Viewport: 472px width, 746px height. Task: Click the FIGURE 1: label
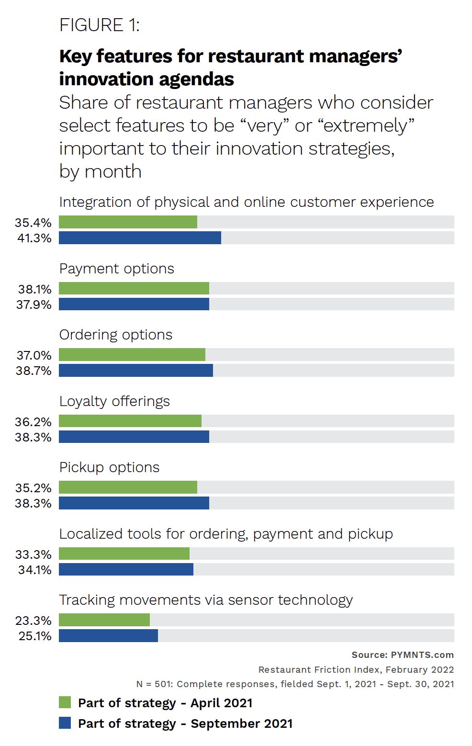click(x=99, y=25)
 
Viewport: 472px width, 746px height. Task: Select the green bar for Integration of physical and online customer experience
click(x=128, y=222)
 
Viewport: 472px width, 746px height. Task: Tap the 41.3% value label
click(x=34, y=238)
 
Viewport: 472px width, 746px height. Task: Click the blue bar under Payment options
click(x=134, y=304)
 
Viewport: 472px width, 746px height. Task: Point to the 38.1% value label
click(x=34, y=289)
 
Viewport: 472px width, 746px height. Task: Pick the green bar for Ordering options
click(x=132, y=354)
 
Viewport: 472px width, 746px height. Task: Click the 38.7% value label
click(x=34, y=371)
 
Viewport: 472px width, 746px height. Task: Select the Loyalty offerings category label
click(x=114, y=401)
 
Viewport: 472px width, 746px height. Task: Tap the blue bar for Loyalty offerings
click(x=134, y=437)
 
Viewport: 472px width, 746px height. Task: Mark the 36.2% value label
click(x=34, y=422)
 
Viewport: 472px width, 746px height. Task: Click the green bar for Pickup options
click(x=128, y=487)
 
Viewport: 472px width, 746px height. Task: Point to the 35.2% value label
click(x=34, y=488)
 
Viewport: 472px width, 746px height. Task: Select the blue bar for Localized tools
click(x=126, y=569)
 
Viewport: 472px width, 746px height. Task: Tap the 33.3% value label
click(x=34, y=554)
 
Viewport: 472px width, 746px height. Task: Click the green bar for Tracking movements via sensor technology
click(x=104, y=620)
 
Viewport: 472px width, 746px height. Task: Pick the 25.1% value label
click(x=35, y=636)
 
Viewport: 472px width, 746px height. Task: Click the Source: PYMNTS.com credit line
click(x=403, y=655)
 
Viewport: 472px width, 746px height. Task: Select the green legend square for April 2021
click(x=65, y=702)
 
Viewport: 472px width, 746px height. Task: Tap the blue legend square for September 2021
click(x=65, y=723)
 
